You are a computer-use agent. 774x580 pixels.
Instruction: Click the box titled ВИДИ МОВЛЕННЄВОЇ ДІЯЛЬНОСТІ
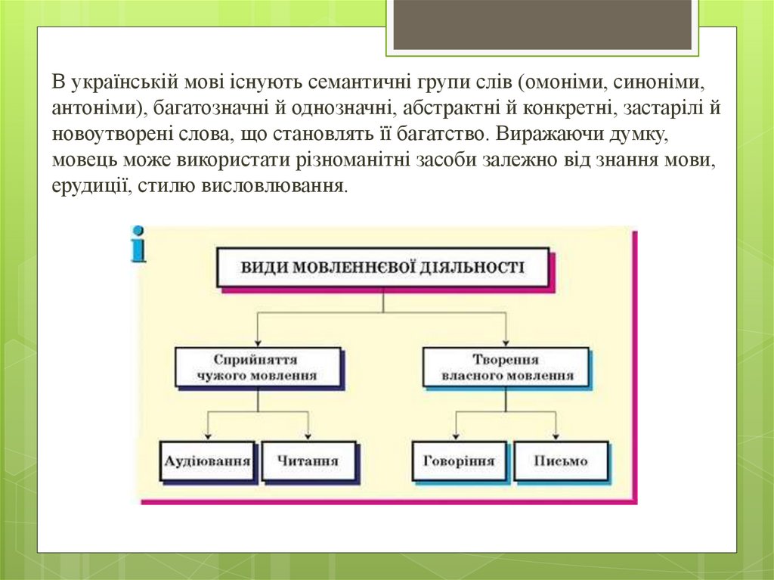point(382,267)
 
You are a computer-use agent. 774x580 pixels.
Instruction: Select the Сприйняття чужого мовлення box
point(254,367)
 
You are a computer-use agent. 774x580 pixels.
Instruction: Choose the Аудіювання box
point(206,460)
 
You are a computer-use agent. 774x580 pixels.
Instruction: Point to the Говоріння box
point(459,460)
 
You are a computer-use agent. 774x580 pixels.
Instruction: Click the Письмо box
point(559,460)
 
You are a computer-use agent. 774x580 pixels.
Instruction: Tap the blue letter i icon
point(138,243)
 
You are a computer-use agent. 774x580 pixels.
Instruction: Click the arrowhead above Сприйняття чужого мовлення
point(258,343)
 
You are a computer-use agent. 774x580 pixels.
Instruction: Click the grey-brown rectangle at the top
point(543,23)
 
